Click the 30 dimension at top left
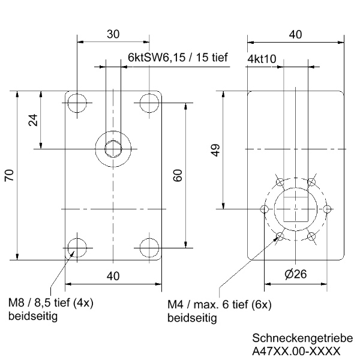pyautogui.click(x=113, y=34)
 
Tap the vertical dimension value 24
pyautogui.click(x=34, y=120)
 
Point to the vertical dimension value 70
pyautogui.click(x=9, y=175)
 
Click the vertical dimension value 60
pyautogui.click(x=178, y=175)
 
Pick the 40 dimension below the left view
pyautogui.click(x=113, y=275)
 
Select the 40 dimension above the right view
pyautogui.click(x=295, y=35)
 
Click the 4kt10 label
pyautogui.click(x=262, y=60)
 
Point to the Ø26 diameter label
pyautogui.click(x=295, y=274)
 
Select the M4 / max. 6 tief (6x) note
pyautogui.click(x=219, y=305)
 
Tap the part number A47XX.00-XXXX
pyautogui.click(x=296, y=350)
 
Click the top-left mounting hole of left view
pyautogui.click(x=77, y=103)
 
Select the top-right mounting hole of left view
pyautogui.click(x=149, y=103)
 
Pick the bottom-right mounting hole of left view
pyautogui.click(x=149, y=247)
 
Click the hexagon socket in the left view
pyautogui.click(x=113, y=149)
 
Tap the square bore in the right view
pyautogui.click(x=295, y=209)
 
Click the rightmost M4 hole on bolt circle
pyautogui.click(x=327, y=209)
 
